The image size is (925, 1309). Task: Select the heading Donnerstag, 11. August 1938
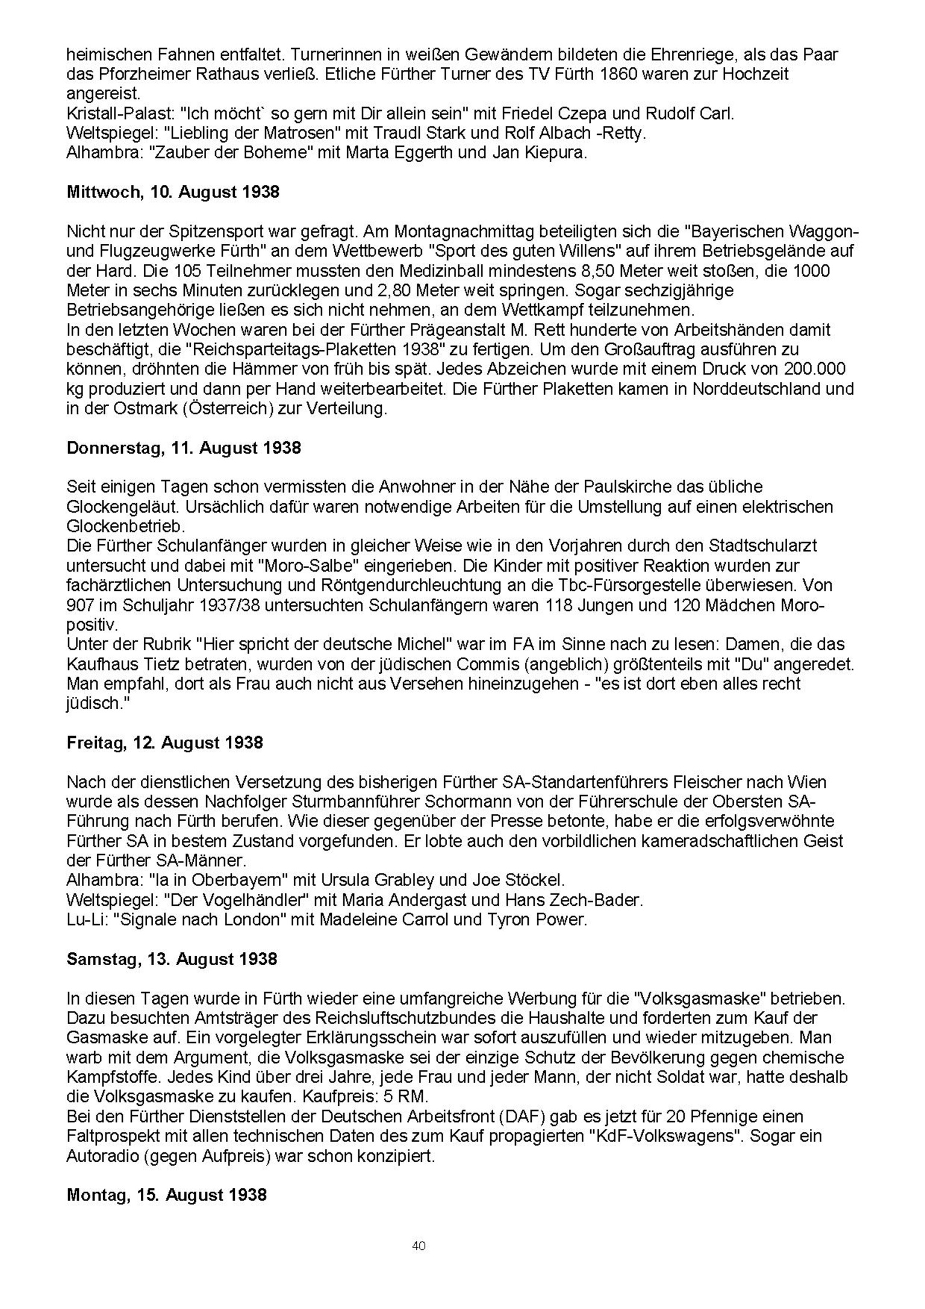point(184,448)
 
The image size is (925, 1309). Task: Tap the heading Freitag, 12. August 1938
point(164,742)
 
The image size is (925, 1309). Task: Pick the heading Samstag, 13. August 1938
point(172,959)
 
